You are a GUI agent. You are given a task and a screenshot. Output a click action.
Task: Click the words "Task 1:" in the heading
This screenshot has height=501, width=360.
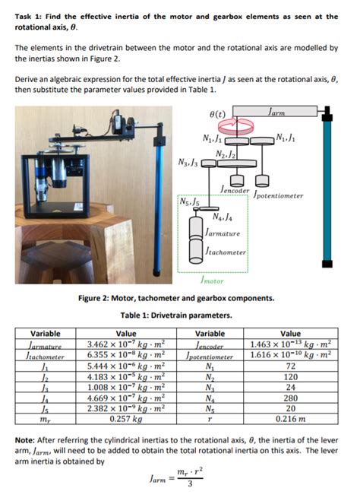30,16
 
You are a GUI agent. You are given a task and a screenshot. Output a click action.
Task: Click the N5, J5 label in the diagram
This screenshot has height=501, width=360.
188,202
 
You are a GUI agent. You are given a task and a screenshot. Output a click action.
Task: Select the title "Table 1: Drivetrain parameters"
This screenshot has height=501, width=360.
180,315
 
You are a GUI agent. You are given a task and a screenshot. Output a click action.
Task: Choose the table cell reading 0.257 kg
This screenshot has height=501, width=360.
126,418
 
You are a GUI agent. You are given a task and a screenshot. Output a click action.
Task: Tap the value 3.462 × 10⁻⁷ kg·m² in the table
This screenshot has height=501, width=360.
126,344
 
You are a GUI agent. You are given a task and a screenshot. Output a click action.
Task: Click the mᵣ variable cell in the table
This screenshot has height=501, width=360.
45,418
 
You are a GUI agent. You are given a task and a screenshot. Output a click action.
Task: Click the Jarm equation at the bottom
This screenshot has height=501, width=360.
180,480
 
